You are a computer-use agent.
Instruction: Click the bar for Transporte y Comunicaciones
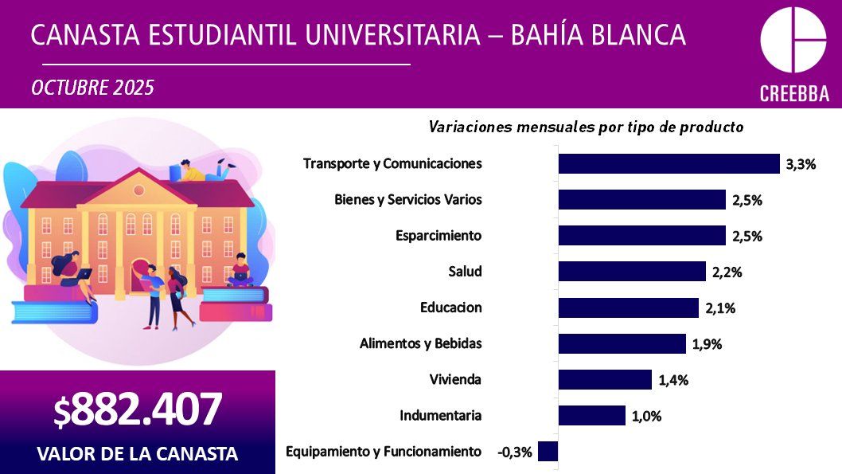coord(669,163)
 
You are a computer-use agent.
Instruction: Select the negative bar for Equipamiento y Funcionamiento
coord(548,452)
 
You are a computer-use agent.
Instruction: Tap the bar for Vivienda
coord(605,380)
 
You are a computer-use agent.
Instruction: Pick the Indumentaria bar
coord(591,416)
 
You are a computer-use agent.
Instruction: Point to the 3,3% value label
coord(801,164)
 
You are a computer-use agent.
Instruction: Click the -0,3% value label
coord(514,452)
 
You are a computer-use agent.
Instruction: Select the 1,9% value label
coord(708,344)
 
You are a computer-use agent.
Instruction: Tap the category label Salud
coord(465,272)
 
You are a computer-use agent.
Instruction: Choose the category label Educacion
coord(450,308)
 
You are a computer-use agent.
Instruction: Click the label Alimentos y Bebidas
coord(420,343)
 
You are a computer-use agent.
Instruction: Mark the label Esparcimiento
coord(439,236)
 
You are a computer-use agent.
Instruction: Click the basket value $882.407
coord(137,410)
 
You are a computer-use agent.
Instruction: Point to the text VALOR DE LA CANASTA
coord(137,454)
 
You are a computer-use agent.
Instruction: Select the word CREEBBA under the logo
coord(793,93)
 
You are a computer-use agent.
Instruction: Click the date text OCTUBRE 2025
coord(92,88)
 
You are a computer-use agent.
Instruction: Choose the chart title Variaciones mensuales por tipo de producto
coord(586,127)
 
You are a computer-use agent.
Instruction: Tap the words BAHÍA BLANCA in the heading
coord(597,35)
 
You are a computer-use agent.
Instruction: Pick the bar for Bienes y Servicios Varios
coord(641,199)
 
